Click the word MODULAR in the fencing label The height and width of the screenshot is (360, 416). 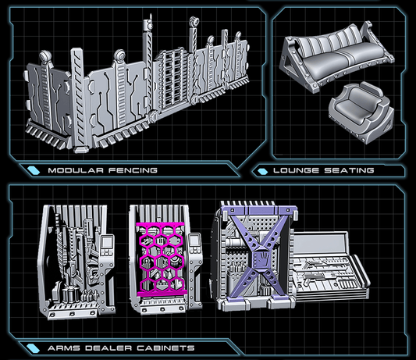pyautogui.click(x=76, y=170)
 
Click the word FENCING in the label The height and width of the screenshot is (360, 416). pyautogui.click(x=133, y=170)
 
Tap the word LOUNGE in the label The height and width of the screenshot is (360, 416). pyautogui.click(x=296, y=170)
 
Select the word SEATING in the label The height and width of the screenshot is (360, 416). pyautogui.click(x=349, y=170)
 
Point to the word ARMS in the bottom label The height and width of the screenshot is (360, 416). pyautogui.click(x=64, y=348)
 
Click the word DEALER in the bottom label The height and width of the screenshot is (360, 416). pyautogui.click(x=108, y=348)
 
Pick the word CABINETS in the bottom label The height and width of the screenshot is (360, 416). pyautogui.click(x=165, y=348)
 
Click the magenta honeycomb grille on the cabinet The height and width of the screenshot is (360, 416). pyautogui.click(x=162, y=258)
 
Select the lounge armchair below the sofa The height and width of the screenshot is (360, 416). pyautogui.click(x=361, y=112)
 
